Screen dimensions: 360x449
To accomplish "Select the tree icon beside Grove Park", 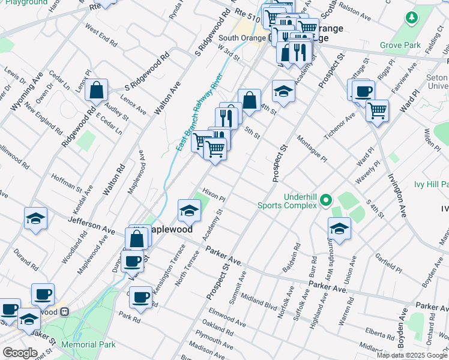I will (411, 19).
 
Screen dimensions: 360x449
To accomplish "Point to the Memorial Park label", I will (91, 345).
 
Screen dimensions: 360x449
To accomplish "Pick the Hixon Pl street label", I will (214, 193).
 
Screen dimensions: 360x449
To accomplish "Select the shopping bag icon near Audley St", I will (96, 91).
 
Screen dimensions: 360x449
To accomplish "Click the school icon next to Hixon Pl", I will (188, 211).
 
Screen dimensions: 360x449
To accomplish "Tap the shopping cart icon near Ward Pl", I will (377, 110).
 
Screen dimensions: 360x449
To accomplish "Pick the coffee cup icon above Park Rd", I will (141, 298).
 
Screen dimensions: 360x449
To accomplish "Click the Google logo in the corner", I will (20, 353).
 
